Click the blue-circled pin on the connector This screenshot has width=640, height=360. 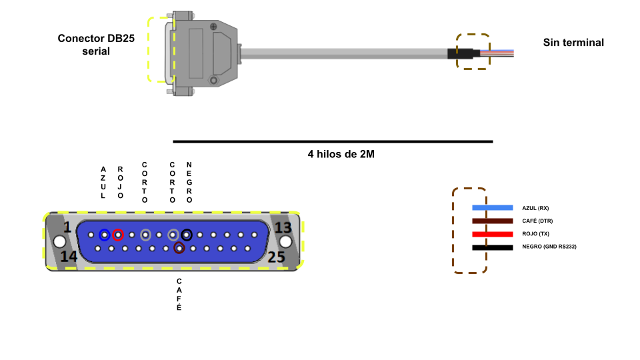coord(104,235)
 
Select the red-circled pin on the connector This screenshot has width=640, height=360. coord(118,235)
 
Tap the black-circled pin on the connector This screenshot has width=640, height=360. coord(187,235)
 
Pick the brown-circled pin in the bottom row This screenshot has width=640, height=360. coord(179,249)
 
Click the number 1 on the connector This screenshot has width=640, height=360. coord(67,228)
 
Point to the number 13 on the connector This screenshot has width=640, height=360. coord(283,228)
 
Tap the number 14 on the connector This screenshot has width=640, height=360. coord(69,257)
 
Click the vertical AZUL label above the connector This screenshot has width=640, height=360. coord(103,183)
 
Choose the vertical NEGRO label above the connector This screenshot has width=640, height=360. coord(189,182)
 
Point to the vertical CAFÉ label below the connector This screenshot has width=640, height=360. coord(179,295)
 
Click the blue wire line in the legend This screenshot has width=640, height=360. coord(492,208)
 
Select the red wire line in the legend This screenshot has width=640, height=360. coord(492,234)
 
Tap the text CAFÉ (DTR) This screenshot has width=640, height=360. coord(537,221)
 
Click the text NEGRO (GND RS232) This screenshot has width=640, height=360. coord(549,247)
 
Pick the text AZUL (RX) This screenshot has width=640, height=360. coord(535,208)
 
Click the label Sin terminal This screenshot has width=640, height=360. coord(573,43)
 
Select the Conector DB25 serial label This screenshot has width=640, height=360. coord(96,45)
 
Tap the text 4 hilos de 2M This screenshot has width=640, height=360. coord(341,154)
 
